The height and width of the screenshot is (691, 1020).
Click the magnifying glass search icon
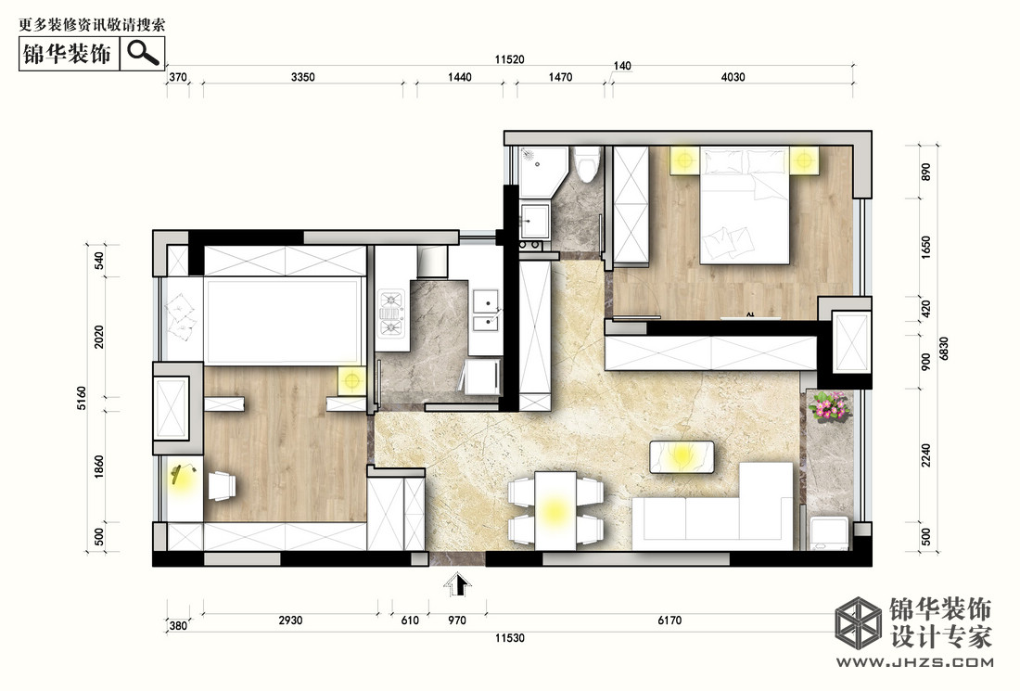pyautogui.click(x=143, y=52)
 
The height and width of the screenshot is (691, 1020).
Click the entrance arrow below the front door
pyautogui.click(x=458, y=584)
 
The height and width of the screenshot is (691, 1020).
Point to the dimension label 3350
pyautogui.click(x=302, y=77)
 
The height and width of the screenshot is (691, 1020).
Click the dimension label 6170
pyautogui.click(x=669, y=621)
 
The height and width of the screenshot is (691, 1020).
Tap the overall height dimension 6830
pyautogui.click(x=944, y=348)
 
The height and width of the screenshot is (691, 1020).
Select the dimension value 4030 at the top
pyautogui.click(x=733, y=77)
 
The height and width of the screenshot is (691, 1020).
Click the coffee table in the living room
pyautogui.click(x=682, y=456)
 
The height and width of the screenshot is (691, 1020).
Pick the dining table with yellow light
pyautogui.click(x=555, y=511)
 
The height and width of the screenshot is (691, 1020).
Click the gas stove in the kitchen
pyautogui.click(x=391, y=313)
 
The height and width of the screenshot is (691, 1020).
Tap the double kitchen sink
pyautogui.click(x=486, y=312)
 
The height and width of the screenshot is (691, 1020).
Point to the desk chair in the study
pyautogui.click(x=222, y=486)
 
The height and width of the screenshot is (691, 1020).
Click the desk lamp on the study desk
pyautogui.click(x=183, y=474)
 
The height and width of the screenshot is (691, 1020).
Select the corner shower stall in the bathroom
pyautogui.click(x=543, y=172)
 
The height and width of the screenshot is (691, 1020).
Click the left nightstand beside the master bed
pyautogui.click(x=685, y=160)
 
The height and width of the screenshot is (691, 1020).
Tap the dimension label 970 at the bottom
pyautogui.click(x=457, y=621)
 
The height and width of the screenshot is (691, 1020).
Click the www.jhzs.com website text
pyautogui.click(x=914, y=662)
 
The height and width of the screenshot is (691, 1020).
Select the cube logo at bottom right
pyautogui.click(x=858, y=622)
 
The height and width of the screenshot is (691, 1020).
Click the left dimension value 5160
pyautogui.click(x=82, y=398)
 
